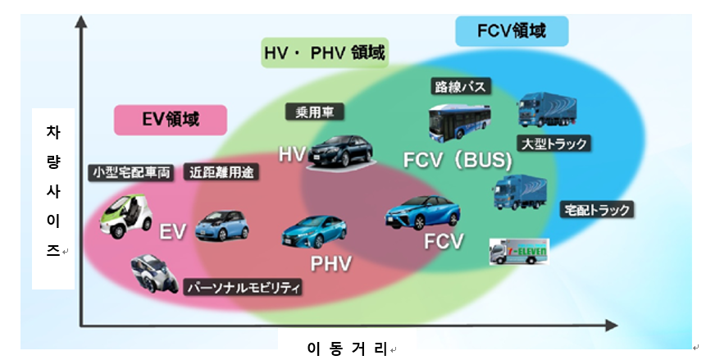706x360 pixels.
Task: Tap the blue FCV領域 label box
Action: [x=511, y=32]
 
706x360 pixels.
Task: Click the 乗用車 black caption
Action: [x=316, y=111]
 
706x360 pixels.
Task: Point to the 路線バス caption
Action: [x=460, y=85]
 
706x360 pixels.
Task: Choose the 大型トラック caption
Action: [x=554, y=144]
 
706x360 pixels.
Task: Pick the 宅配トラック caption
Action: [x=597, y=210]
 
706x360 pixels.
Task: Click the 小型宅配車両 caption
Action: [x=131, y=172]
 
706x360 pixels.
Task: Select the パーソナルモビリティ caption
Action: [x=244, y=288]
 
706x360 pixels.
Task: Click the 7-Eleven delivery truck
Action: [x=518, y=252]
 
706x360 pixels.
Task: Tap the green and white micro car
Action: [x=125, y=213]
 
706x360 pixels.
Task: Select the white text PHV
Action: [x=330, y=264]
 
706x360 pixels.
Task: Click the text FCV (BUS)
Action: [x=458, y=161]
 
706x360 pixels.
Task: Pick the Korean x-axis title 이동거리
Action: [x=347, y=348]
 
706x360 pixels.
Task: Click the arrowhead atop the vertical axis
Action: [x=80, y=21]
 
